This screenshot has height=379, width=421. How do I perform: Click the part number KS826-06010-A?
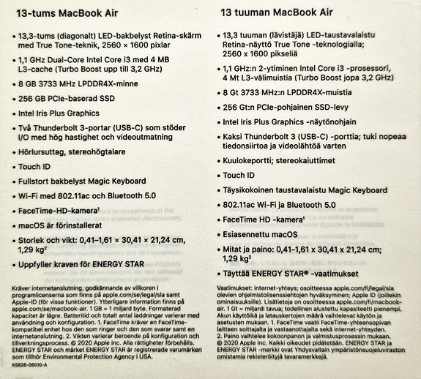pos(30,364)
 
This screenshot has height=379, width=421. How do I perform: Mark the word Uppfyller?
pos(39,264)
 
